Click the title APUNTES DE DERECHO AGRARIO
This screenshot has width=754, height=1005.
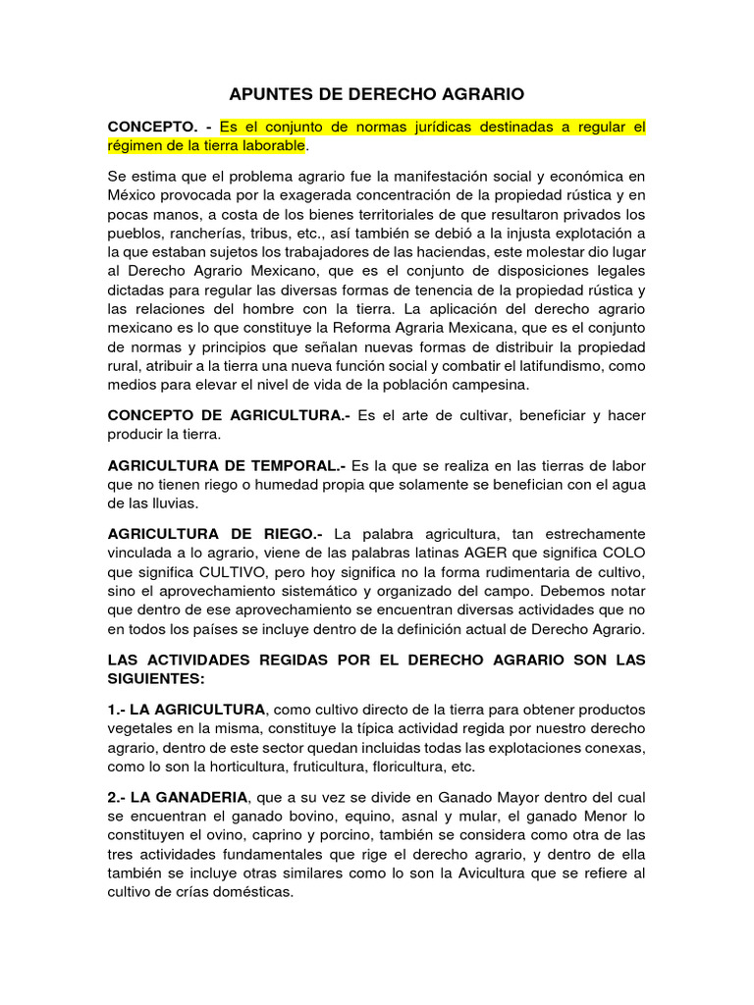[377, 94]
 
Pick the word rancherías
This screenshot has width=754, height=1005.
[208, 233]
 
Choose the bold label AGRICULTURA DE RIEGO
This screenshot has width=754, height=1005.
[215, 534]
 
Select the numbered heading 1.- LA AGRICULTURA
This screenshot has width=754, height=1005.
[187, 709]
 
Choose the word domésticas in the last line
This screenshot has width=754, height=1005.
[252, 893]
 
